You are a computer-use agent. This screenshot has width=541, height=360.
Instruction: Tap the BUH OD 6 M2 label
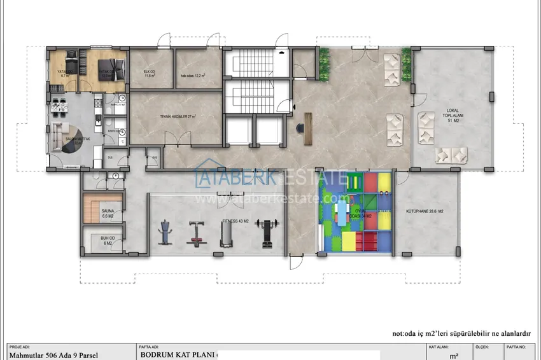105,241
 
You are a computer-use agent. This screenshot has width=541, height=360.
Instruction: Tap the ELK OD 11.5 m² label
150,73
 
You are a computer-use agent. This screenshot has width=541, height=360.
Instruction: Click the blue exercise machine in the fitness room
165,232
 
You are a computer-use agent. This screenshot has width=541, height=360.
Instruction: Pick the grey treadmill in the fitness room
226,235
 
